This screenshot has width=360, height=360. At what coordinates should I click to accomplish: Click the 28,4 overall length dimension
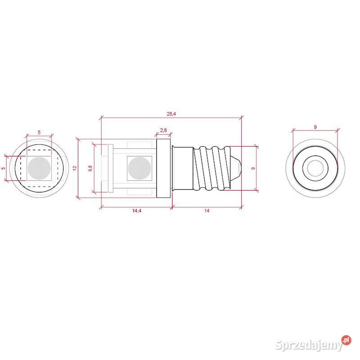click(171, 113)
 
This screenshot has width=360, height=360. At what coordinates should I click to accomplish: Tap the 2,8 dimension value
click(163, 130)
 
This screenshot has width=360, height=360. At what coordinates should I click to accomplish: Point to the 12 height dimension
click(75, 168)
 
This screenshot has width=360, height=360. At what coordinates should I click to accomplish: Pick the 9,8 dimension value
click(90, 168)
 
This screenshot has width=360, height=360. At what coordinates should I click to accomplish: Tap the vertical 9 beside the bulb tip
click(254, 168)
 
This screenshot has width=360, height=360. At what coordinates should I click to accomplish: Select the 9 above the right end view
click(315, 127)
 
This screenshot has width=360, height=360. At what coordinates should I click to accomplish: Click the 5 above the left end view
click(39, 132)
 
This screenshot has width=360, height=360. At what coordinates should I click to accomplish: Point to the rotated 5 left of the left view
click(3, 168)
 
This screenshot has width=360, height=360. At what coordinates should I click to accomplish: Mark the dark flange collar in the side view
click(164, 168)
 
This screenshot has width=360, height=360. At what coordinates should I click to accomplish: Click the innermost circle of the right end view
click(315, 168)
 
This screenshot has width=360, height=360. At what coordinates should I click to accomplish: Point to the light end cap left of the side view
click(104, 168)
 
